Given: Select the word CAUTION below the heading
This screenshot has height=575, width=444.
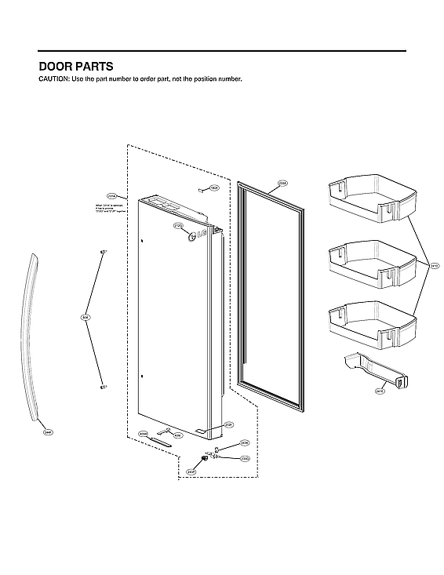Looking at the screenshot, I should pyautogui.click(x=53, y=79).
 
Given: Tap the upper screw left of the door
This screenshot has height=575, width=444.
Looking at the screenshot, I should pyautogui.click(x=103, y=252).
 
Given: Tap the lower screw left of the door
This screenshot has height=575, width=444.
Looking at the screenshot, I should pyautogui.click(x=103, y=386).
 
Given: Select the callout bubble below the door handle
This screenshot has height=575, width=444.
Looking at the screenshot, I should pyautogui.click(x=47, y=431).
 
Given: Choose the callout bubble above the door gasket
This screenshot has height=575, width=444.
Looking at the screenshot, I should pyautogui.click(x=282, y=183).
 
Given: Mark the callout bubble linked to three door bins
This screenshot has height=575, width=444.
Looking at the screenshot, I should pyautogui.click(x=434, y=265).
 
